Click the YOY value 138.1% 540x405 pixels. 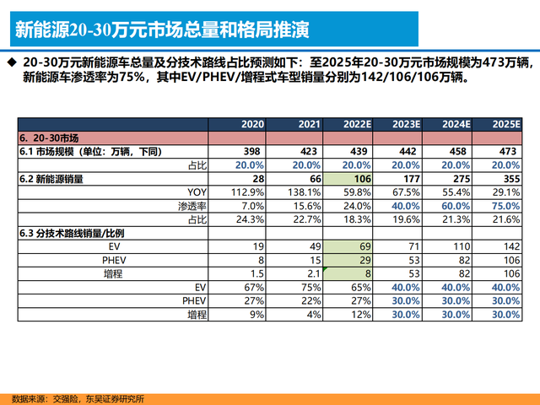coord(303,192)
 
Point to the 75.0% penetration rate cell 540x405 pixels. coord(505,206)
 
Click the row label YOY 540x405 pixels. coord(193,192)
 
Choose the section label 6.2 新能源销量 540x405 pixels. coord(51,179)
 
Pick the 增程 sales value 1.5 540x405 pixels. coord(256,273)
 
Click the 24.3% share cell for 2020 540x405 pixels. coord(251,219)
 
